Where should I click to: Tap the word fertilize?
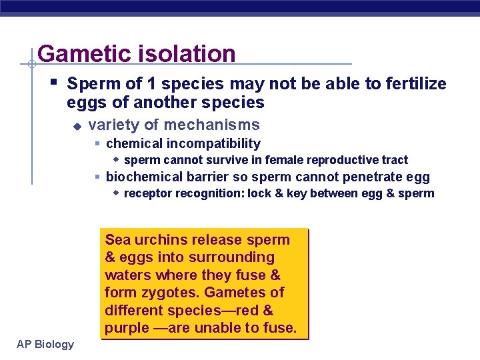pos(413,84)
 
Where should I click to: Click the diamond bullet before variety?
pos(77,125)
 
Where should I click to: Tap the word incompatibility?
pos(214,143)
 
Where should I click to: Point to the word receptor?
pos(147,194)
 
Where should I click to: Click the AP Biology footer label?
pos(46,344)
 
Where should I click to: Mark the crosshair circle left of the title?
pos(31,64)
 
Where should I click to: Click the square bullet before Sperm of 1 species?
pos(53,83)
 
